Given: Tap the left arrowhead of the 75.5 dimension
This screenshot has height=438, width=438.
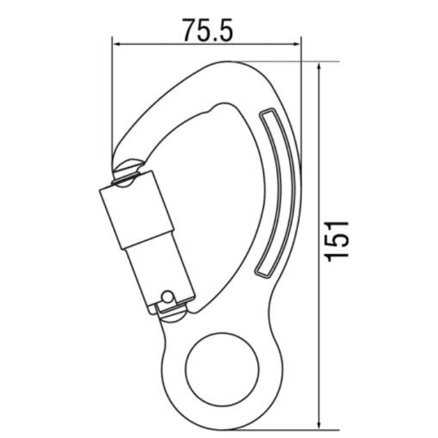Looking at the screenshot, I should pos(116,45).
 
